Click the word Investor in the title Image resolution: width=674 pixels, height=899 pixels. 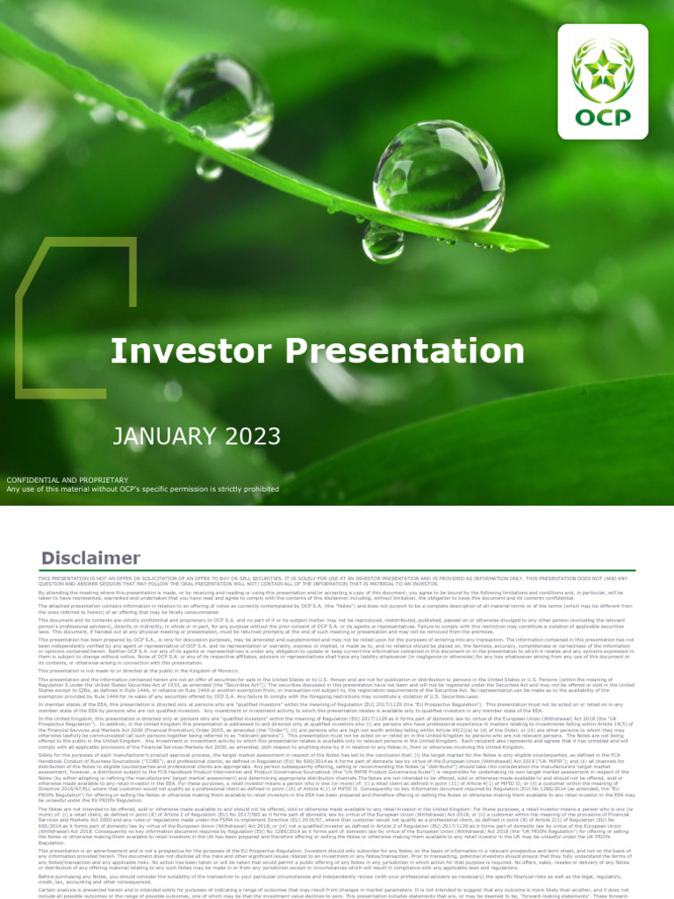[185, 351]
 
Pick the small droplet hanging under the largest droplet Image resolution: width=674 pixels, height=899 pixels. [383, 241]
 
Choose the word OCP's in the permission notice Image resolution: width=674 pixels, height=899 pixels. [146, 489]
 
